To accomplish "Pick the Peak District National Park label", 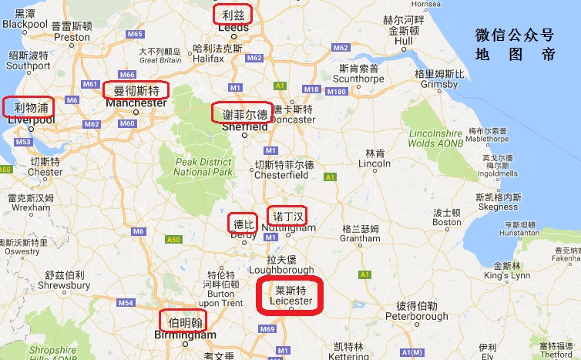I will [x=203, y=167].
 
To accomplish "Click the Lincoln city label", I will [x=374, y=163].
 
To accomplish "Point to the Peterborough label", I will [x=417, y=316].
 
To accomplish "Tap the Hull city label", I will [x=404, y=41].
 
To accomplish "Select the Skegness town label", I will [x=498, y=207].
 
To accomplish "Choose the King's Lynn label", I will [x=507, y=275].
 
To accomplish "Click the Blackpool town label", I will [x=25, y=24].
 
